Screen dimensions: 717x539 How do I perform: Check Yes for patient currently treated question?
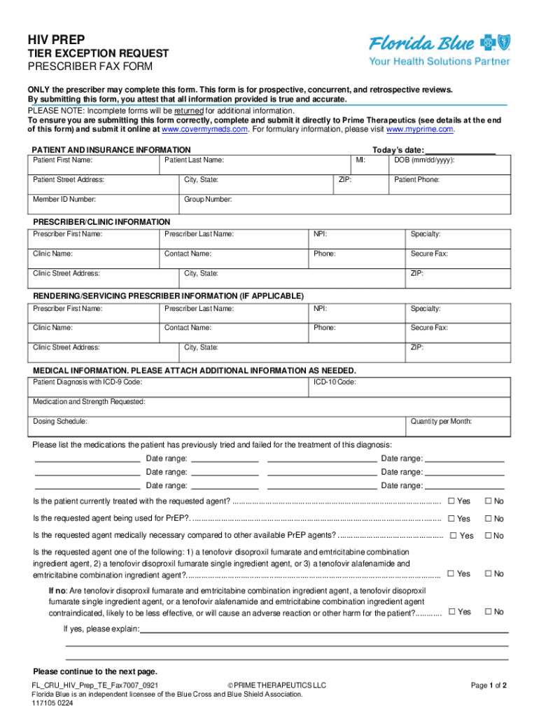click(x=452, y=501)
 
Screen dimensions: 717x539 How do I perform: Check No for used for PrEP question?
click(x=489, y=519)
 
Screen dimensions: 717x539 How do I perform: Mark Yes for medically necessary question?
click(x=454, y=536)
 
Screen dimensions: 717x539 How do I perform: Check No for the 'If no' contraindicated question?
click(x=489, y=612)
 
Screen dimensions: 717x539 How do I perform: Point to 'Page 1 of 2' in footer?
click(x=489, y=685)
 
